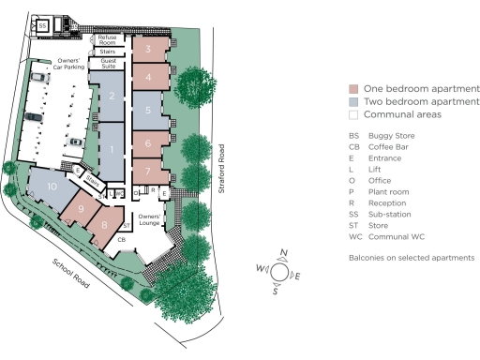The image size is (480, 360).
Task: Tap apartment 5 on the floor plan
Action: click(x=149, y=110)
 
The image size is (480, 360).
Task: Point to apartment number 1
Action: click(x=111, y=150)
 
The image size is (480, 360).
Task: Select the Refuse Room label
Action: click(x=107, y=39)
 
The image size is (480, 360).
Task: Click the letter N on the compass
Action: click(x=284, y=253)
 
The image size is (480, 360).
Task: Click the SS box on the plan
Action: click(x=43, y=25)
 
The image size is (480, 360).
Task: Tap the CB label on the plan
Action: click(x=122, y=240)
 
